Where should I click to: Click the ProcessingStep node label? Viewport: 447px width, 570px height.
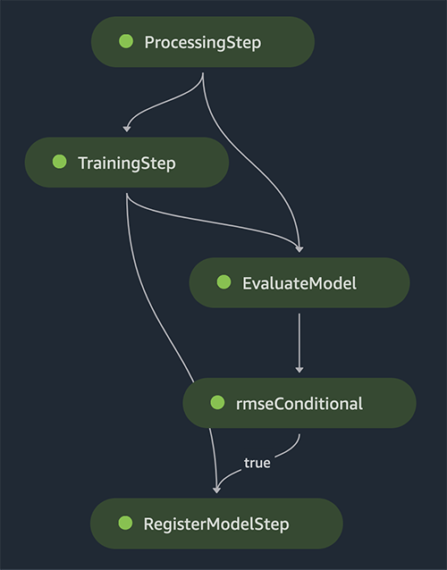(x=203, y=43)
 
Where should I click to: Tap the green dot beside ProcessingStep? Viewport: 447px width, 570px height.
(x=126, y=41)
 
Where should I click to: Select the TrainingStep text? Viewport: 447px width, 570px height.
(x=127, y=163)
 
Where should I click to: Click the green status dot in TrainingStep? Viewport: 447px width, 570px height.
(x=59, y=162)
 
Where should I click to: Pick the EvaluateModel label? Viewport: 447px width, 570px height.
(x=299, y=283)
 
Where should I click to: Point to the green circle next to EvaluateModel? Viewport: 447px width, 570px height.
(x=223, y=282)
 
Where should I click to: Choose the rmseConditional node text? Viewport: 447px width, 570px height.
(x=299, y=404)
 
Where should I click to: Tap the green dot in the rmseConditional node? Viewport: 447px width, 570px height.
(x=217, y=402)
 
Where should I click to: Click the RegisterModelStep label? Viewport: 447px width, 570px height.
(x=216, y=524)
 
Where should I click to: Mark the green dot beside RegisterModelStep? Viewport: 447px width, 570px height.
(x=125, y=523)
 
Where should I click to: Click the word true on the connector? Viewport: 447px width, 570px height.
(x=257, y=463)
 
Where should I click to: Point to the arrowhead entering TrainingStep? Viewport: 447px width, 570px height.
(x=127, y=129)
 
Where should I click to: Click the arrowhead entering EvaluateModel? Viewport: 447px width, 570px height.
(x=299, y=249)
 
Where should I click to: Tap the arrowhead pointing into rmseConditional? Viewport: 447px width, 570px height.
(x=299, y=370)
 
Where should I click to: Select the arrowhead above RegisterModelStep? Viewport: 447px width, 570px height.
(x=216, y=490)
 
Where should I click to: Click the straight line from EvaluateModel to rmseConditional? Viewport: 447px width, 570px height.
(x=299, y=341)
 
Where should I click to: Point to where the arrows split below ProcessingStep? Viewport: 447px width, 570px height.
(x=203, y=74)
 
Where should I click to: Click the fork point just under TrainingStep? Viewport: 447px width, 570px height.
(x=127, y=195)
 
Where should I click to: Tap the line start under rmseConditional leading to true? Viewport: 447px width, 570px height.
(x=299, y=434)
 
